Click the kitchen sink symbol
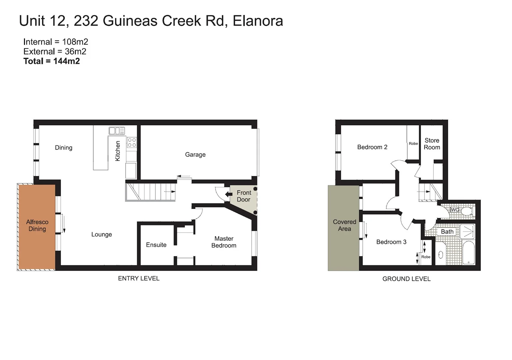(x=117, y=131)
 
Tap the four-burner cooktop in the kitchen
(x=132, y=143)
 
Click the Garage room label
(x=195, y=155)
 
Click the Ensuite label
(x=156, y=245)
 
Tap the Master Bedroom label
(x=224, y=242)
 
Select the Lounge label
(x=102, y=235)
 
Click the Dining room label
(x=64, y=148)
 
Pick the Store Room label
(x=432, y=144)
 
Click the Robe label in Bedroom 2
(x=413, y=144)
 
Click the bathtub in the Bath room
(x=469, y=253)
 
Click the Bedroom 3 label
(x=391, y=242)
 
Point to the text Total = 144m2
(x=52, y=61)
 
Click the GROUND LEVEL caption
(x=406, y=279)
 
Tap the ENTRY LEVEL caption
(x=139, y=279)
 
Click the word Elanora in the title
(x=257, y=21)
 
